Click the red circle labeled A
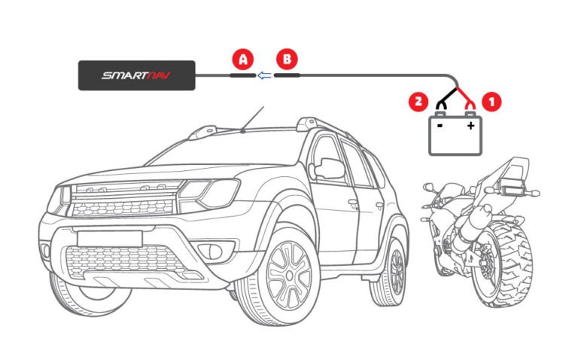tap(243, 59)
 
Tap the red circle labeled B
tap(287, 59)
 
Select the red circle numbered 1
tap(491, 101)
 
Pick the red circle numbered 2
tap(418, 101)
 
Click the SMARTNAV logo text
tap(136, 75)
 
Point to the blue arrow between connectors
tap(264, 75)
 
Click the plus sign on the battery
tap(470, 126)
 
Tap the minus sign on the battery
tap(440, 126)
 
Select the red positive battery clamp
tap(470, 105)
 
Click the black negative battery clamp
tap(441, 105)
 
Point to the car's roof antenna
tap(253, 119)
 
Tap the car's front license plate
tap(110, 239)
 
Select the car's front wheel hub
tap(290, 276)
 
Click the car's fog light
tap(214, 252)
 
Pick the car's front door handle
tap(354, 203)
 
